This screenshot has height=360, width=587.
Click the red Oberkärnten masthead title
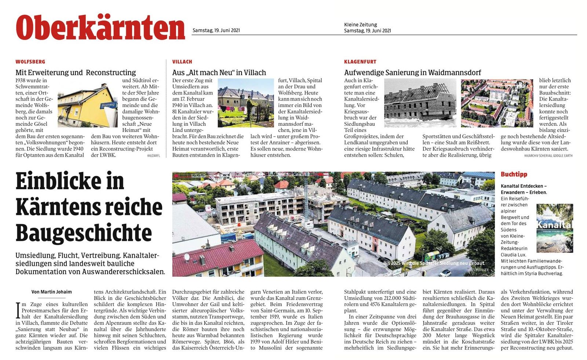100,28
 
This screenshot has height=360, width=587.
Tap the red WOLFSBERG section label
30,62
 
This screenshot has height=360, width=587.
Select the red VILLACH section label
182,62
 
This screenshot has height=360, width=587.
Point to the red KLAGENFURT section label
360,62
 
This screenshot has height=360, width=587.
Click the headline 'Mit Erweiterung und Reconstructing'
76,73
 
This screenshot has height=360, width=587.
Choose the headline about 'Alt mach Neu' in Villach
219,73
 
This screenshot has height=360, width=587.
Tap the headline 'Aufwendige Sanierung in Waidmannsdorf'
412,73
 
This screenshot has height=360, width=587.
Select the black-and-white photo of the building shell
420,103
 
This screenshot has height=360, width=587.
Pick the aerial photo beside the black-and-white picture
497,103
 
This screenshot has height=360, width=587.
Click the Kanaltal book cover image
554,228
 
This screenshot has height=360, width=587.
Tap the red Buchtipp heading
514,174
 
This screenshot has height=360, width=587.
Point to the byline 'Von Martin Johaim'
52,292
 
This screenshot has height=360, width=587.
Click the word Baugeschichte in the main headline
84,233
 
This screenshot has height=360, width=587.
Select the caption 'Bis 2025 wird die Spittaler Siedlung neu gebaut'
433,263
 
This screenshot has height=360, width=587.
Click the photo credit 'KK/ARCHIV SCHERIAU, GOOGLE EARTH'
548,156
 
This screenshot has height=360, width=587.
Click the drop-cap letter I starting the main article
18,310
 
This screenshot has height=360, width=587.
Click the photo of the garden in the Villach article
245,103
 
